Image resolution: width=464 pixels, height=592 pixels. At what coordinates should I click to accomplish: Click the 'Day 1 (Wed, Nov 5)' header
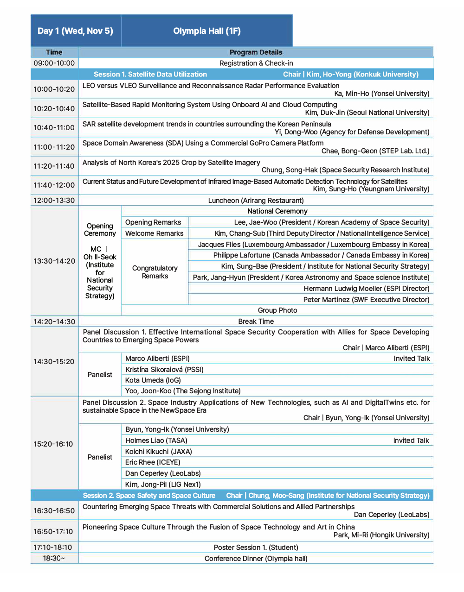[75, 31]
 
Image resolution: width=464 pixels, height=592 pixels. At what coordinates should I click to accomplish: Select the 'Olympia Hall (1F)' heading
[206, 31]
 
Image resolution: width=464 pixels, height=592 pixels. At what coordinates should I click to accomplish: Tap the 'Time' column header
[54, 52]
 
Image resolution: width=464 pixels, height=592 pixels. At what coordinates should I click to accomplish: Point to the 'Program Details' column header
[256, 52]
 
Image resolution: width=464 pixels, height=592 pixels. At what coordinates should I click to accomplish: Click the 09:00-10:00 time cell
[54, 63]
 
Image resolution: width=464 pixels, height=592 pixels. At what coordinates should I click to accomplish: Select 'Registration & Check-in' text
[256, 63]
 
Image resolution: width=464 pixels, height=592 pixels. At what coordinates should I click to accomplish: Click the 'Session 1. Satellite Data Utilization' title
[150, 74]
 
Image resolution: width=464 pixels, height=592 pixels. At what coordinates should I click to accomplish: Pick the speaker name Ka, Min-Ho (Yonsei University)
[382, 94]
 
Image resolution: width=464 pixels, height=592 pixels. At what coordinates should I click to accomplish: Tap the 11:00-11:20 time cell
[54, 147]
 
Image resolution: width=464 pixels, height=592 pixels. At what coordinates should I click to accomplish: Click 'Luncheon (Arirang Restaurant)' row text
[256, 201]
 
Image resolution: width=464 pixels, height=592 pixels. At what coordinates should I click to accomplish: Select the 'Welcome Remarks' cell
[154, 233]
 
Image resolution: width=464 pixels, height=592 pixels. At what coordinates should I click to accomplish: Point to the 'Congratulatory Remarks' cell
[155, 272]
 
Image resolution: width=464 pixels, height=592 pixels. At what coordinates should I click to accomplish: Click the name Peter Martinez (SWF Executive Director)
[366, 300]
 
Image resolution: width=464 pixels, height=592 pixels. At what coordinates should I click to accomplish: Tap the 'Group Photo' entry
[277, 310]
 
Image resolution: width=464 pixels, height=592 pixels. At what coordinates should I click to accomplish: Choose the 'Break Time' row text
[256, 321]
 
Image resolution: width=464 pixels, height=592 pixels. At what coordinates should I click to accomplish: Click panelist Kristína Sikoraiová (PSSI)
[164, 370]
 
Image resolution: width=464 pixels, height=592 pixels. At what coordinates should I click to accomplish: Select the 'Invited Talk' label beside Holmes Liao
[411, 441]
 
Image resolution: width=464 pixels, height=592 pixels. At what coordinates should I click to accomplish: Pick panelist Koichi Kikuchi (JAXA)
[158, 452]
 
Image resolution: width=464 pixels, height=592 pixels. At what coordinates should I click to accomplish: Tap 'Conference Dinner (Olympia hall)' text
[256, 559]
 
